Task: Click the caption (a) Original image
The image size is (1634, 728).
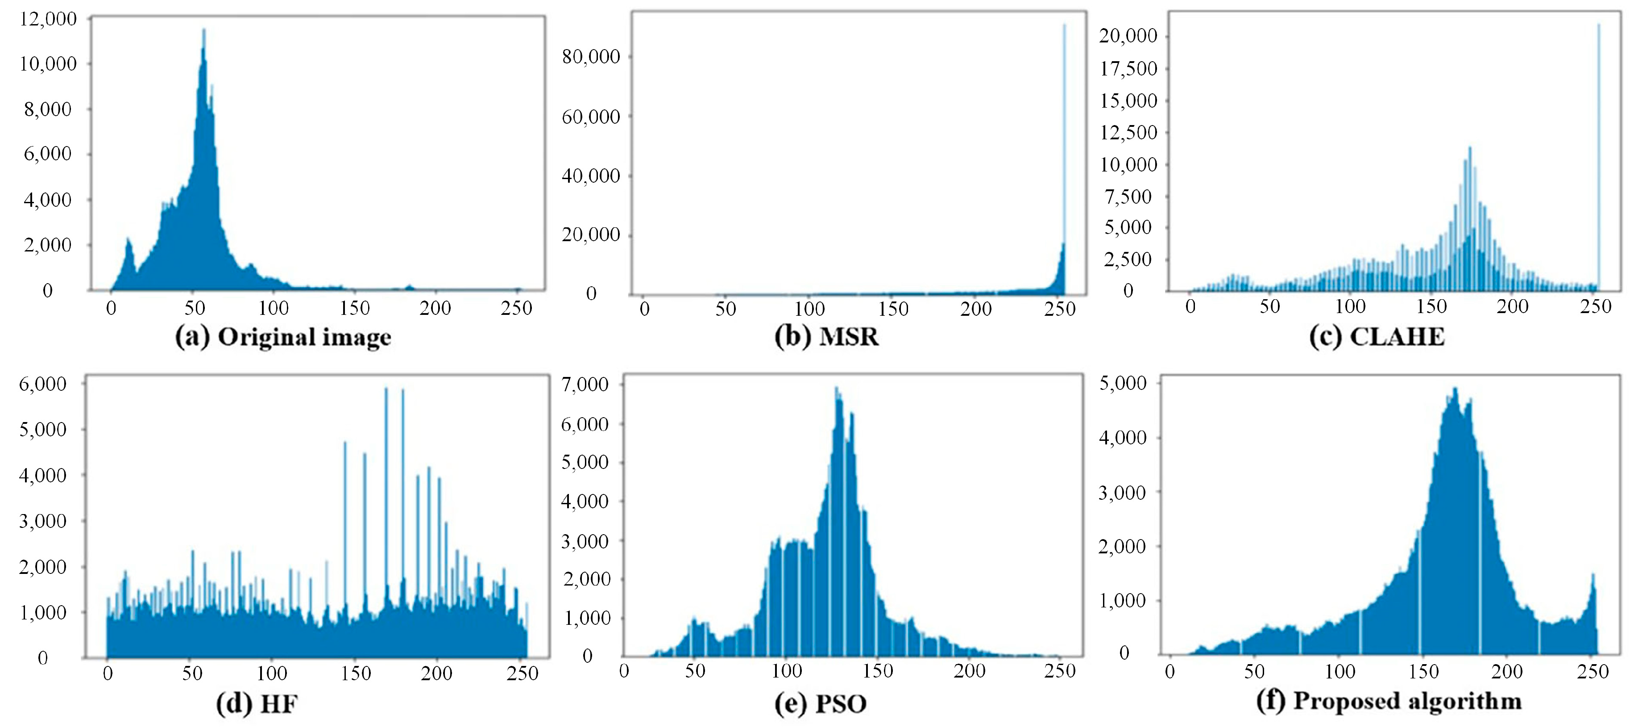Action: [283, 337]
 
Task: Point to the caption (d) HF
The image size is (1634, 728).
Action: [257, 703]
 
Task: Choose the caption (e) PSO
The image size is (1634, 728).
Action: [820, 703]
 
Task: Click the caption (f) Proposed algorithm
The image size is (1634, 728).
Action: [1389, 701]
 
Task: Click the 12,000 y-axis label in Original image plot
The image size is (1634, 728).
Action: [48, 19]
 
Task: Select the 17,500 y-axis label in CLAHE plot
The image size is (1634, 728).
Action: [1128, 68]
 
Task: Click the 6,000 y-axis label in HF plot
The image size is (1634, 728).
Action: [42, 384]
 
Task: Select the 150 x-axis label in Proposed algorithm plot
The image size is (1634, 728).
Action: [1423, 672]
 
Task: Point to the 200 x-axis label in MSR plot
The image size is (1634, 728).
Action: [975, 309]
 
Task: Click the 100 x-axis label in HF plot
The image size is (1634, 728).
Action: [272, 674]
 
